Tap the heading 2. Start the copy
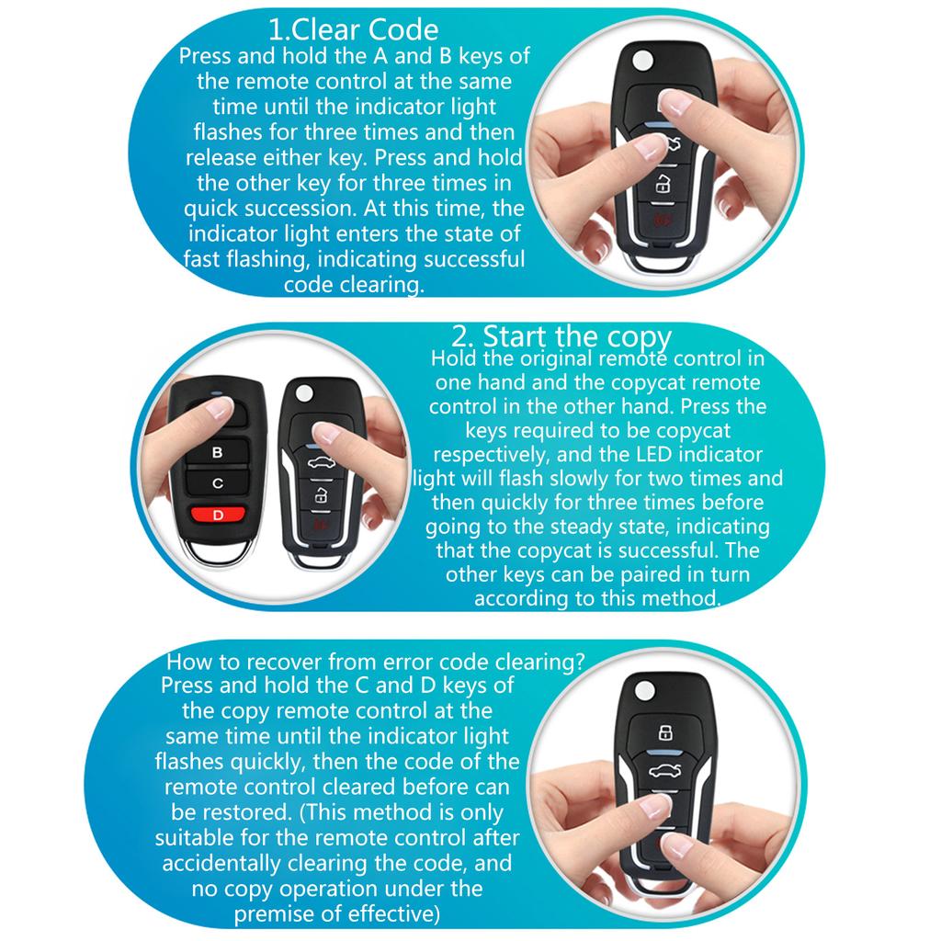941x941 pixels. coord(561,336)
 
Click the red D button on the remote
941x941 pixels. coord(219,515)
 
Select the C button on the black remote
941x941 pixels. coord(218,482)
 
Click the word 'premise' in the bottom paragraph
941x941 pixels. coord(274,914)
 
